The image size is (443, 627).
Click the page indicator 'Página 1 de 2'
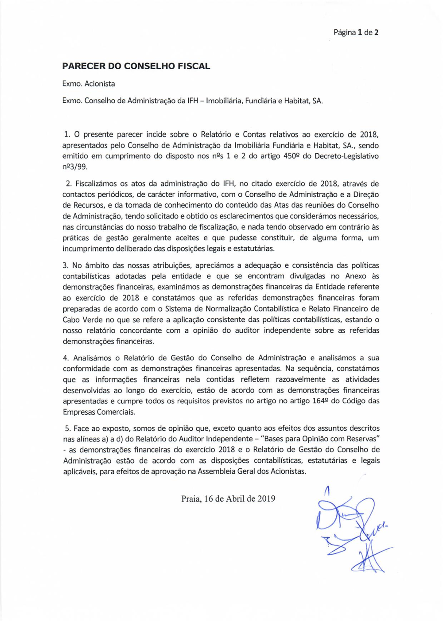356,32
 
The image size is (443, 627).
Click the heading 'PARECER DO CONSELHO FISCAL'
136,66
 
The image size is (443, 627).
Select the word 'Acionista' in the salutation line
100,84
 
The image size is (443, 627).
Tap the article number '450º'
292,156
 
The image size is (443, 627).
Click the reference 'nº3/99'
75,167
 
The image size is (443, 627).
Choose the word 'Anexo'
356,276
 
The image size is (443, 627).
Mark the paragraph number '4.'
66,358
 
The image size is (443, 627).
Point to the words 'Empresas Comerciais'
99,412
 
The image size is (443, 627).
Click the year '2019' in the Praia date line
266,498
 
